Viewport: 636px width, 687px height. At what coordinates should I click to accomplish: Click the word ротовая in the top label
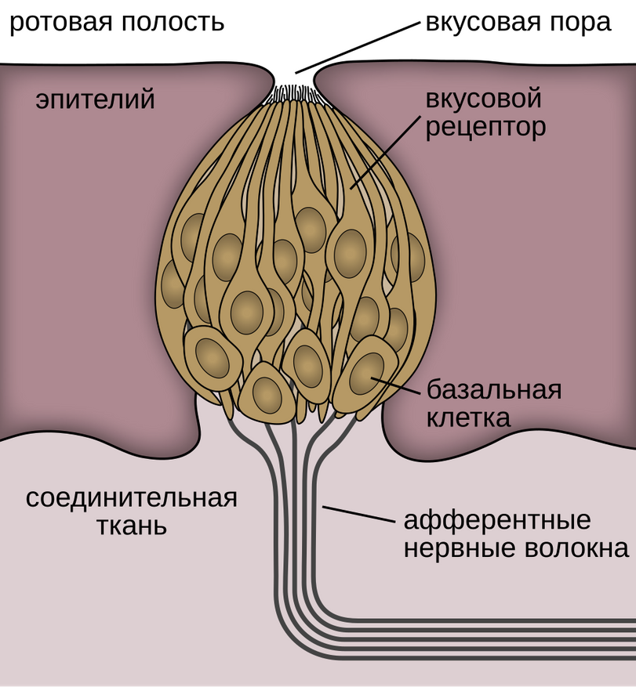tap(59, 21)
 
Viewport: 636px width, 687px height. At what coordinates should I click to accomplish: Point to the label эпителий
tap(95, 100)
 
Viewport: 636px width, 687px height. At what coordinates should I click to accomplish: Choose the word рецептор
tap(485, 127)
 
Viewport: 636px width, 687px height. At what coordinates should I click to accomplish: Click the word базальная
tap(494, 389)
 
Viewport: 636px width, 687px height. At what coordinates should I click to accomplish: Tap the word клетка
tap(469, 417)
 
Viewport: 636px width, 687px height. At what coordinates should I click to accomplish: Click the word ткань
tap(132, 525)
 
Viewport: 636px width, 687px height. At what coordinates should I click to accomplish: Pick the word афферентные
tap(496, 521)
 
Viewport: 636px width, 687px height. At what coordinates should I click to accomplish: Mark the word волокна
tap(573, 548)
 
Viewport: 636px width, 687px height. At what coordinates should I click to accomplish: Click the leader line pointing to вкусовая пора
tap(358, 47)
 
